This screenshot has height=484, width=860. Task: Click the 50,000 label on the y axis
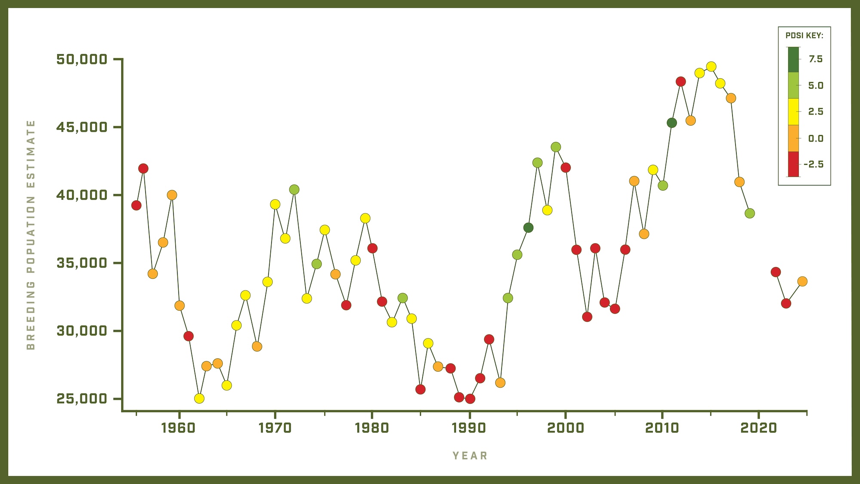coord(82,59)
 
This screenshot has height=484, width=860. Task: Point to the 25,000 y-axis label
coord(82,399)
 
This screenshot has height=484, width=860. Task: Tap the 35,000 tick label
coord(82,263)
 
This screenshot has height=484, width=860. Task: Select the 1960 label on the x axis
coord(178,428)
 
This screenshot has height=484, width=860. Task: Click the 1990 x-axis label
coord(469,428)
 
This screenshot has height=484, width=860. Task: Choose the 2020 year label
coord(759,428)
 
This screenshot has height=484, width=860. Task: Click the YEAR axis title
coord(470,456)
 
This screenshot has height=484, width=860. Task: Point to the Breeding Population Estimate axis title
coord(31,235)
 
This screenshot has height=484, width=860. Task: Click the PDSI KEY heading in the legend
coord(804,36)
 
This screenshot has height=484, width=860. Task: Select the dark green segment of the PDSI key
coord(793,59)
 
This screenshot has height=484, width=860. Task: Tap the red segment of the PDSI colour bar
coord(793,164)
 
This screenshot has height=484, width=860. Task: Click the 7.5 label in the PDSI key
coord(815,59)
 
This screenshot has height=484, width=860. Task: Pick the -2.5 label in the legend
coord(814,164)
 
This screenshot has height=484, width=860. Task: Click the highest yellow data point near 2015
coord(711,67)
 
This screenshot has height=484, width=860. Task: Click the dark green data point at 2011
coord(672,123)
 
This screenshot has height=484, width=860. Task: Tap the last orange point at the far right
coord(802,281)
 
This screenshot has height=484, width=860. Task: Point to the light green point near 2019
coord(749,213)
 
